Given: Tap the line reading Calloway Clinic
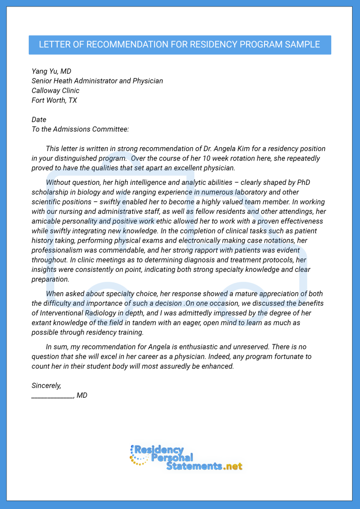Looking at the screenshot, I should tap(55, 91).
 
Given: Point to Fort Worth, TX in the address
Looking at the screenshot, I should tap(54, 100).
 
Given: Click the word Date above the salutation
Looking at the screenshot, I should tap(39, 120).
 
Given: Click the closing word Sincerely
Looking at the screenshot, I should tap(46, 385).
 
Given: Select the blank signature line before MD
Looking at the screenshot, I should tap(52, 396).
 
